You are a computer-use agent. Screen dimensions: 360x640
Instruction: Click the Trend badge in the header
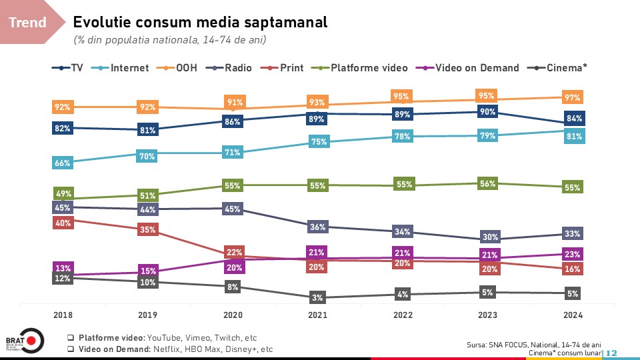27,23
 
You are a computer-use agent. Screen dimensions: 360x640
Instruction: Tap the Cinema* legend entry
566,67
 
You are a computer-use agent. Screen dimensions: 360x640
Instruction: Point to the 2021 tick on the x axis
317,314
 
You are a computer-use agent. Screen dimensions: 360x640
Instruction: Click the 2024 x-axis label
572,314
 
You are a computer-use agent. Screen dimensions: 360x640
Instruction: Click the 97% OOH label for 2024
572,97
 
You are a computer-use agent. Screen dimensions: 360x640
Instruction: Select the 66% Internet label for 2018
63,163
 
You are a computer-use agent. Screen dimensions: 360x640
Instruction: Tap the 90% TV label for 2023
487,112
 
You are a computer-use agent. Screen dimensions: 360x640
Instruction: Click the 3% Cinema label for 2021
317,297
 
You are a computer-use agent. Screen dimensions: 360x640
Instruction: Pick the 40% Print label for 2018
63,223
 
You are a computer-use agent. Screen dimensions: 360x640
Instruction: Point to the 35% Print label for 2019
147,230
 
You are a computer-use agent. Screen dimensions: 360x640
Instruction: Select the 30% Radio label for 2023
487,237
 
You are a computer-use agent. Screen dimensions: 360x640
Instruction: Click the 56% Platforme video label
487,184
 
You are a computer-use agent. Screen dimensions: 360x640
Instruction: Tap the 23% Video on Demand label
572,254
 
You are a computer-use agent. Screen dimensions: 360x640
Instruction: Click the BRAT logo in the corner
24,341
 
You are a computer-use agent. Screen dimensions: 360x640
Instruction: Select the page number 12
611,352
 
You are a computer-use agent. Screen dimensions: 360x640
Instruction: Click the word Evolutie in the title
103,22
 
